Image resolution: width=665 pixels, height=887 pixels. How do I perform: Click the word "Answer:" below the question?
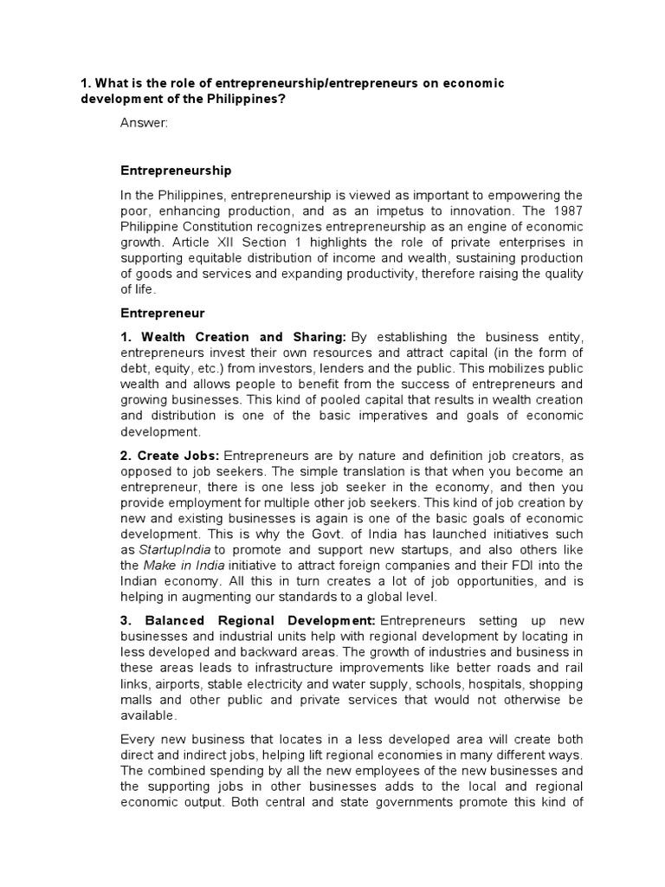(144, 124)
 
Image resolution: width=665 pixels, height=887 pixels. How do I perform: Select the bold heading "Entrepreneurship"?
(176, 171)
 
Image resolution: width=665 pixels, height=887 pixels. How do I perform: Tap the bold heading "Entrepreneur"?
(163, 308)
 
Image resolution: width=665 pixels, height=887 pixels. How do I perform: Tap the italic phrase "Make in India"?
(184, 566)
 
